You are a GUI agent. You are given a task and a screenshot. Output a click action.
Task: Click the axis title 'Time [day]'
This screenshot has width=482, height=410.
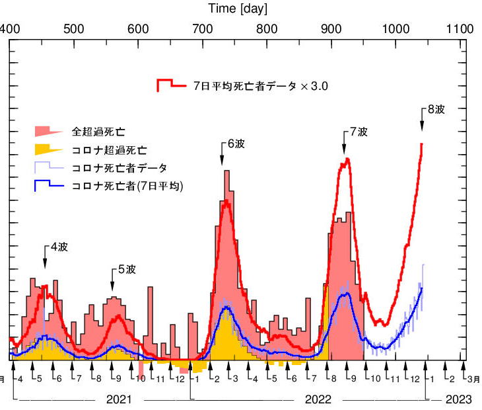point(238,9)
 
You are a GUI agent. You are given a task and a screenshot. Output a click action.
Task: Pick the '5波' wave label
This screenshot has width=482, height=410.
point(127,269)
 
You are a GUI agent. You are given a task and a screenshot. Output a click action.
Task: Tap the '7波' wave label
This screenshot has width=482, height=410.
point(359,132)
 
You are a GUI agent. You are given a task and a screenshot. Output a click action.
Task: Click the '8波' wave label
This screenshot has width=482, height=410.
point(436,110)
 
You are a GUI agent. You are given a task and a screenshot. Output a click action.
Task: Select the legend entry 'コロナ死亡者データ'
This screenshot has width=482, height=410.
point(119,168)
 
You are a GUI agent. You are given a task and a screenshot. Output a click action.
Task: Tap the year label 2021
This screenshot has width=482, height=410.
point(119,399)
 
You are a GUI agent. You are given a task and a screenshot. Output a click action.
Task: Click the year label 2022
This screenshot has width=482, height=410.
point(318,399)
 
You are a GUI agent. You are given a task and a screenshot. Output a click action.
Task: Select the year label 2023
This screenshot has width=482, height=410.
point(458,399)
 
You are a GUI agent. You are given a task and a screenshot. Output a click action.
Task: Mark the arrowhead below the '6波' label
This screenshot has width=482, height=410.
point(223,162)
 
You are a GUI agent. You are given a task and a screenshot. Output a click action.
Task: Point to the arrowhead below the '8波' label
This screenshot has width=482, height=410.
point(422,128)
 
